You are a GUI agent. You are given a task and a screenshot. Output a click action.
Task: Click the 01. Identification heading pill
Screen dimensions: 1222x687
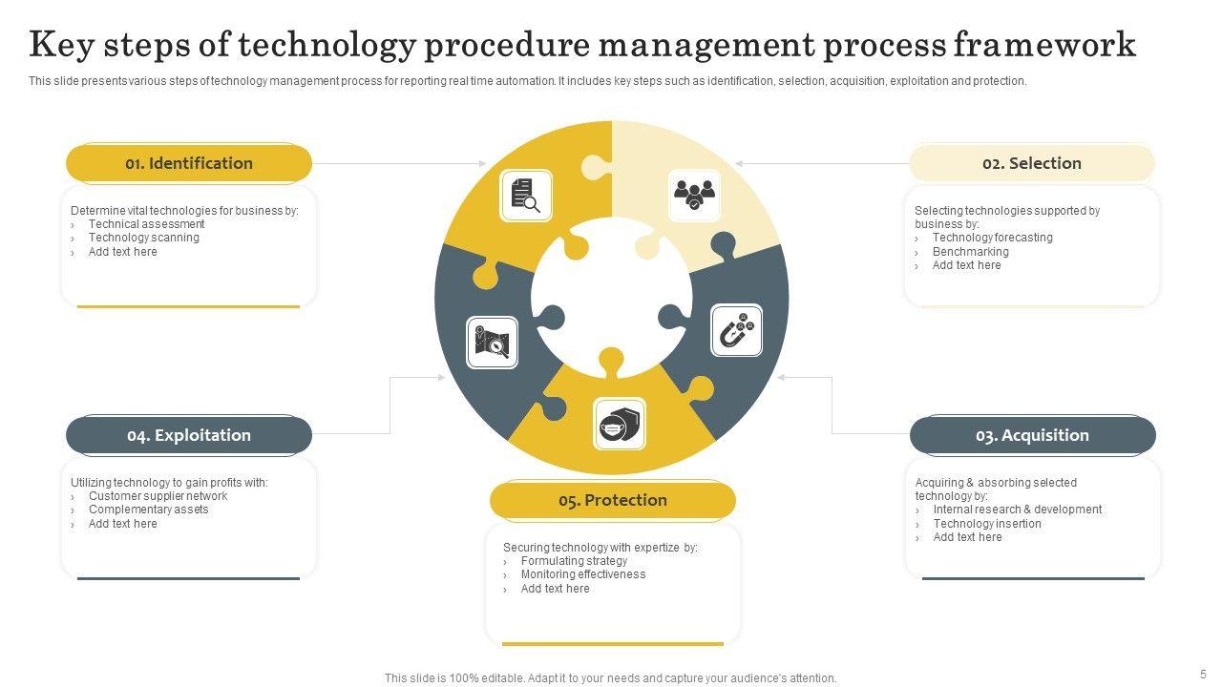tap(189, 163)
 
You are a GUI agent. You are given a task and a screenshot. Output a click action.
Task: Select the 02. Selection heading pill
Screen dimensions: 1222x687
tap(1031, 163)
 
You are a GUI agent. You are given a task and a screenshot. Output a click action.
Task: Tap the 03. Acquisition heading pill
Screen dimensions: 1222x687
tap(1032, 435)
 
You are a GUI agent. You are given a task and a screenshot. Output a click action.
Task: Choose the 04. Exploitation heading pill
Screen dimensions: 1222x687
tap(189, 435)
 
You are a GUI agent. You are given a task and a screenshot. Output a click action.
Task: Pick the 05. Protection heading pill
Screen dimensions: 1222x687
tap(613, 501)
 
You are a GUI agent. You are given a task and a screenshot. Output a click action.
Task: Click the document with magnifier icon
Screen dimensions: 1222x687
tap(526, 195)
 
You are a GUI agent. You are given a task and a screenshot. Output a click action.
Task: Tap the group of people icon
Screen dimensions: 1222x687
tap(694, 195)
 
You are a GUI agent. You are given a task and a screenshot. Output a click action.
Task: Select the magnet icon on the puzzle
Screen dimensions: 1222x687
tap(737, 331)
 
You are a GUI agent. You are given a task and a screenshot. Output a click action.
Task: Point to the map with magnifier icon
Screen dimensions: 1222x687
tap(492, 343)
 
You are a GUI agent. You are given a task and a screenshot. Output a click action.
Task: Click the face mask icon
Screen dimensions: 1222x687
tap(619, 425)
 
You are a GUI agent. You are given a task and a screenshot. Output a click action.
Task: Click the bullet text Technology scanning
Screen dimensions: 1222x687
tap(144, 238)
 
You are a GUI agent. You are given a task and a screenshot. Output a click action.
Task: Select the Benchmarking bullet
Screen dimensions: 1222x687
tap(970, 252)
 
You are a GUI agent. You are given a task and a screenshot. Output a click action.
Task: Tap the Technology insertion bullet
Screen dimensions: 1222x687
tap(987, 524)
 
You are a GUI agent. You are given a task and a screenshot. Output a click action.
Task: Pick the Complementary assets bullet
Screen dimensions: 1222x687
tap(148, 510)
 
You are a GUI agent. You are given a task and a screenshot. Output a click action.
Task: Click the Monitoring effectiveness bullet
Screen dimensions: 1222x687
tap(583, 574)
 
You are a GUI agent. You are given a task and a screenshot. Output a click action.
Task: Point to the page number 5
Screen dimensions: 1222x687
tap(1203, 674)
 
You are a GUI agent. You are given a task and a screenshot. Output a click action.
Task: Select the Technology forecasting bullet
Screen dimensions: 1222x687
tap(992, 238)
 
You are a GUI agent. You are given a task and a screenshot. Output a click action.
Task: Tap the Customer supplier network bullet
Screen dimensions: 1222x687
tap(158, 496)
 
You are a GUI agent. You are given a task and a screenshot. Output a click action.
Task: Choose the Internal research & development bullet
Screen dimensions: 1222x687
tap(1017, 510)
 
